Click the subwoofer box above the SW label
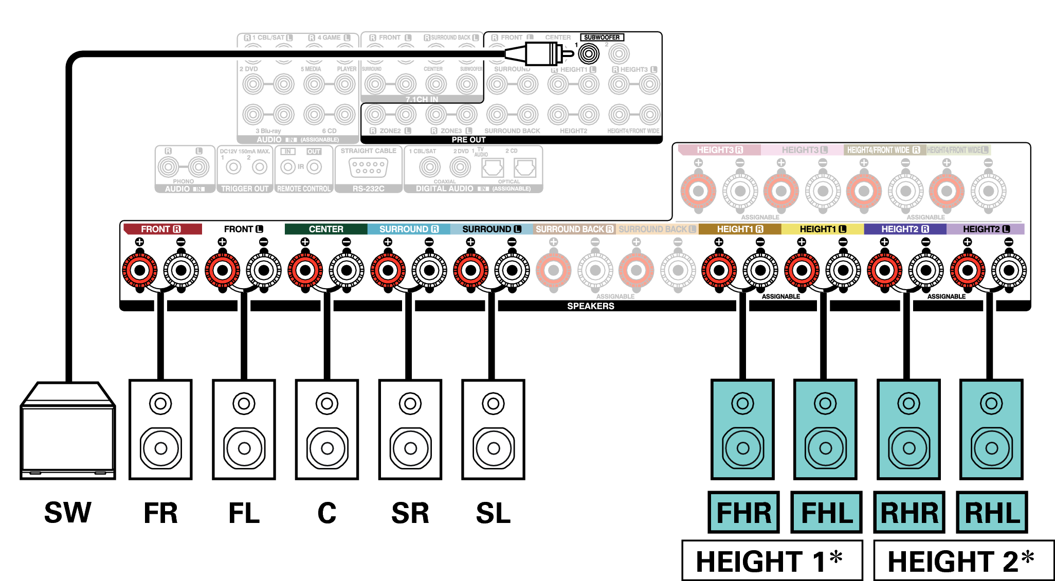pos(68,432)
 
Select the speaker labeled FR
pos(160,429)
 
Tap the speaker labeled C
pos(327,429)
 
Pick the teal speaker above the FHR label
pos(742,429)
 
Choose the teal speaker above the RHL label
pos(991,429)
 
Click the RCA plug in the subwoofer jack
pos(540,53)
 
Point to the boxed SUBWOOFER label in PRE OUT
pos(602,38)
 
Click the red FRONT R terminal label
pos(161,229)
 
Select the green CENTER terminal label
pos(326,229)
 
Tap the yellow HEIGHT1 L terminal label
pos(823,229)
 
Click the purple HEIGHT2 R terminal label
pos(905,229)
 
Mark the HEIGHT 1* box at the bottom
pos(771,560)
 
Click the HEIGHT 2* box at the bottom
pos(963,560)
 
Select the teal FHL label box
pos(826,512)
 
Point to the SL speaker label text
pos(493,513)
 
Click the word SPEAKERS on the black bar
pos(590,306)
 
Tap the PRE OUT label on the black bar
pos(468,140)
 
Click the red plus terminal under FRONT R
pos(139,270)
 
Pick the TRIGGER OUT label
pos(245,189)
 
